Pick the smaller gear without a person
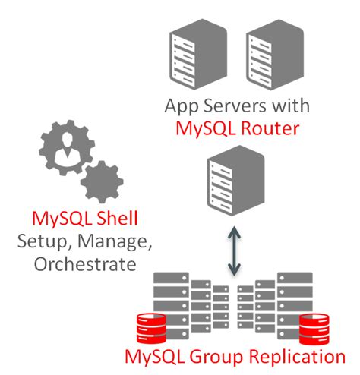coord(101,181)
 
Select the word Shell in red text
coord(113,220)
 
